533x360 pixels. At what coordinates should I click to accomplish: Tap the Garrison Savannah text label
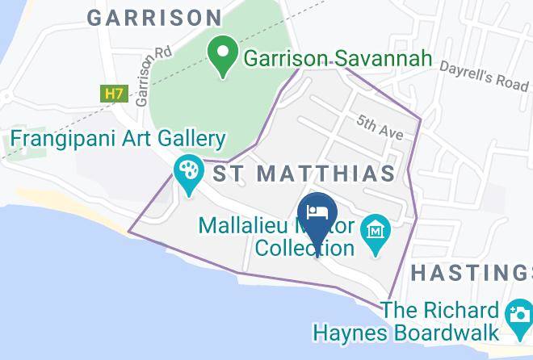click(x=338, y=59)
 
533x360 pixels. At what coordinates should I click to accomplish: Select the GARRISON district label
click(x=154, y=17)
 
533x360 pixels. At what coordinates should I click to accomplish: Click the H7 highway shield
click(x=112, y=94)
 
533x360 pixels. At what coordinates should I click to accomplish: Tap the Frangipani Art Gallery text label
click(x=117, y=139)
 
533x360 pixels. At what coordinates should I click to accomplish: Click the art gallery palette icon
click(x=188, y=170)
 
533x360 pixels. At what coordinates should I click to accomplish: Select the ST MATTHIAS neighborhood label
click(x=304, y=173)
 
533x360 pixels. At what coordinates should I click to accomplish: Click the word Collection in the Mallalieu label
click(x=304, y=248)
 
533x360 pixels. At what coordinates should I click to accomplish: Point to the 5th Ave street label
click(x=380, y=128)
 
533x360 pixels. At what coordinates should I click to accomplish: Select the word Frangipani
click(x=54, y=139)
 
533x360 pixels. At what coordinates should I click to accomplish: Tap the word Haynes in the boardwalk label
click(x=352, y=333)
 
